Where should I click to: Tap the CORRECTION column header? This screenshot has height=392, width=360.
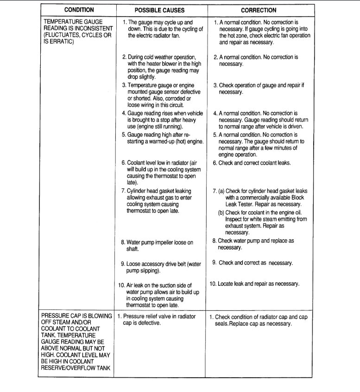click(259, 10)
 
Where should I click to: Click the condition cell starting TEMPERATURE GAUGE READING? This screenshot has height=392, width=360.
click(77, 32)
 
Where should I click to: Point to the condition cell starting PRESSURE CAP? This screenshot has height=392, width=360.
click(77, 342)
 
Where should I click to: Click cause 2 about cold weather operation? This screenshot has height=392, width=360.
click(160, 67)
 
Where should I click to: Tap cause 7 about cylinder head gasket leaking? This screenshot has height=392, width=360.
click(159, 201)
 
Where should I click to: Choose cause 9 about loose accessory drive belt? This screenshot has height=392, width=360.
click(160, 267)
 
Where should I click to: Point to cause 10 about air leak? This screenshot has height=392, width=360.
click(160, 295)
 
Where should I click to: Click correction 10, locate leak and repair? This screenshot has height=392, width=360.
click(254, 283)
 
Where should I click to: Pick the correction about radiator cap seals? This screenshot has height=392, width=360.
click(258, 321)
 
